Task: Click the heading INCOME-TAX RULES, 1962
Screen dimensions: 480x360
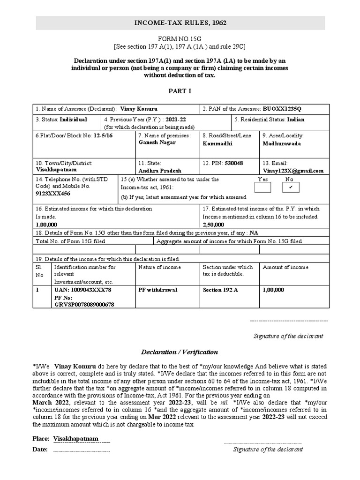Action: [180, 22]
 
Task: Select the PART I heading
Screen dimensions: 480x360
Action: [180, 91]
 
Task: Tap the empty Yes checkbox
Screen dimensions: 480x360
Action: [262, 188]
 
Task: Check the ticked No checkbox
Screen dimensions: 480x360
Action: [291, 188]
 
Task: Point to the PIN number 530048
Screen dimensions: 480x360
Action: [233, 163]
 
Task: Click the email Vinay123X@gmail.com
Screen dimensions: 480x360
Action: [293, 171]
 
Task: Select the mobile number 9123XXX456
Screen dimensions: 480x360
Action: [52, 194]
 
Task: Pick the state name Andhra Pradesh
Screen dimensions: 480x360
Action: [160, 171]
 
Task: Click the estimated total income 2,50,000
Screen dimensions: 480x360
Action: [213, 225]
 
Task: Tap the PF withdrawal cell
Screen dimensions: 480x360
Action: [157, 290]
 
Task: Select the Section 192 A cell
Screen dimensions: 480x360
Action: [220, 290]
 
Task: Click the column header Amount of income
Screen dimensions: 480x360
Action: [285, 267]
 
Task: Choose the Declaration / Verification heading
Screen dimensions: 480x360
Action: [180, 352]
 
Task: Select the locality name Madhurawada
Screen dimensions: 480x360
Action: [282, 143]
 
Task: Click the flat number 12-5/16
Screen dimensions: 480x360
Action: [103, 135]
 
